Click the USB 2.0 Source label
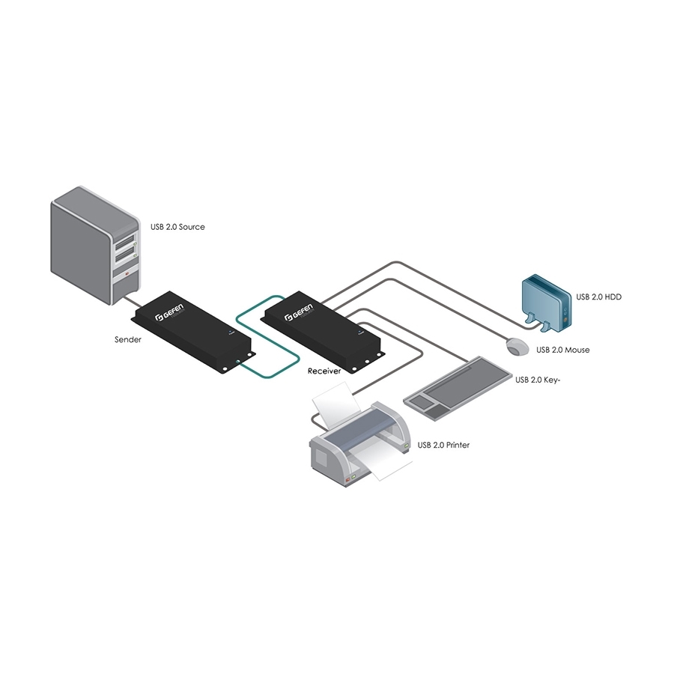coord(177,226)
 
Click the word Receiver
coord(325,371)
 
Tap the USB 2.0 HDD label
coord(599,297)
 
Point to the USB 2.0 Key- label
coord(538,380)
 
